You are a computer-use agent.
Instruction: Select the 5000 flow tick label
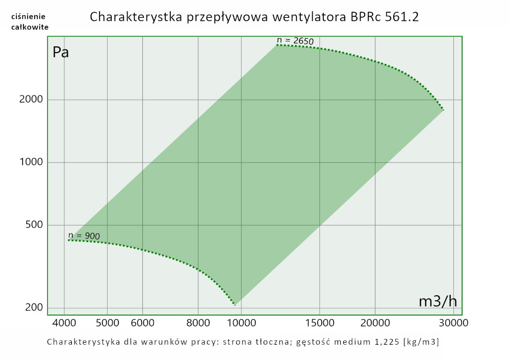click(107, 323)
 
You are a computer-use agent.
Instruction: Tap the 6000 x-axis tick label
click(142, 323)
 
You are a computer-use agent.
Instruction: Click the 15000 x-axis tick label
click(319, 323)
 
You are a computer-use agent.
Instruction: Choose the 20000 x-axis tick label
click(375, 323)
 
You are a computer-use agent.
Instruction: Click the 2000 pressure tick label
click(31, 99)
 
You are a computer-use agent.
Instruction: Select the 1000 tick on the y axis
click(31, 162)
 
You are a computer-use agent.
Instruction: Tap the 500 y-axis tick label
click(34, 225)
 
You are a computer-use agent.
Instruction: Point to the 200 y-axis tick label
click(34, 308)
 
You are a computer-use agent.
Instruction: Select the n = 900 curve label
click(84, 236)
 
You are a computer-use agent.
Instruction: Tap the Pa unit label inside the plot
click(61, 53)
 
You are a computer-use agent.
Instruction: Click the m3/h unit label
click(438, 301)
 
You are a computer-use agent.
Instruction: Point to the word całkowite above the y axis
click(30, 27)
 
